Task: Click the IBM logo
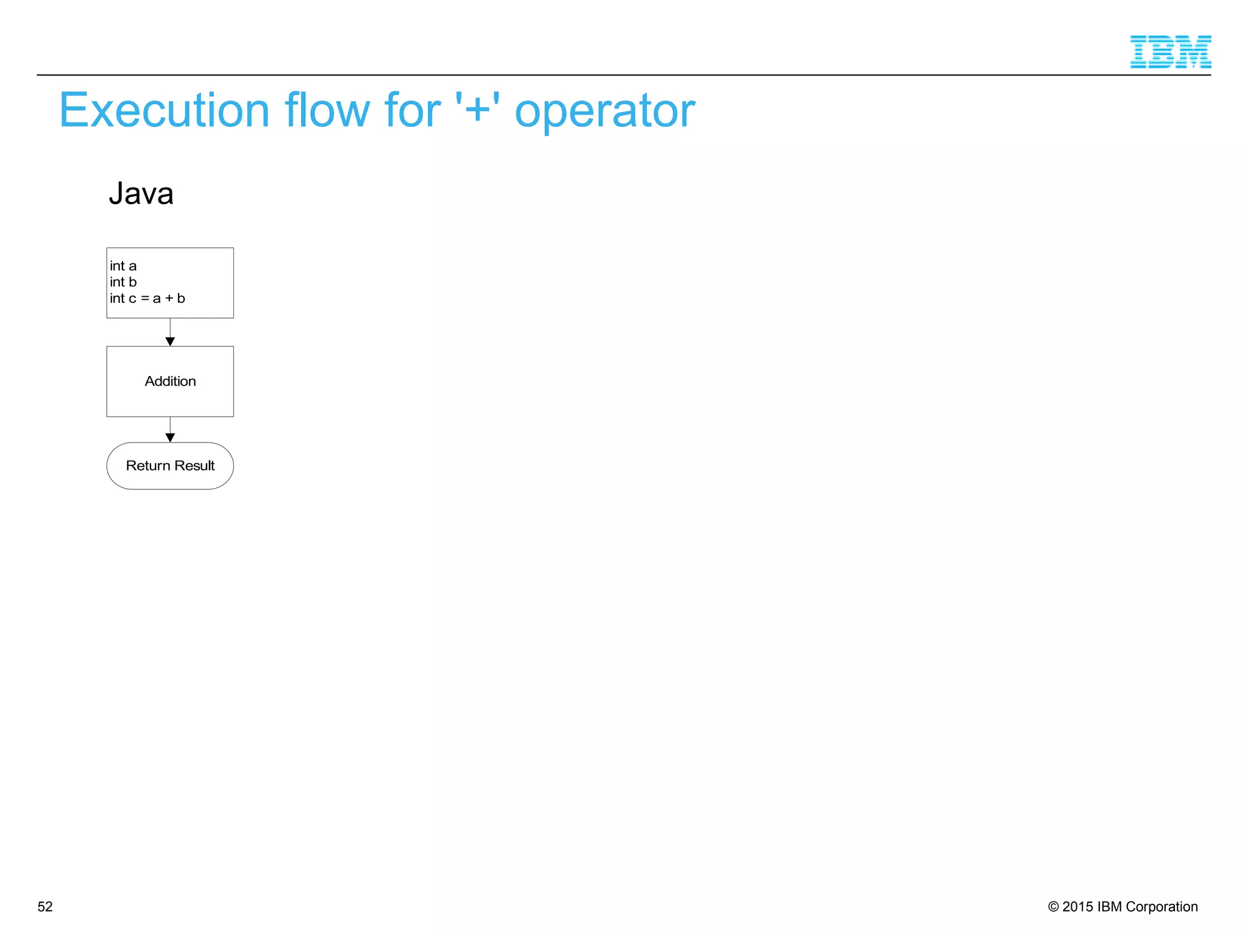point(1170,52)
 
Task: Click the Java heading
point(141,194)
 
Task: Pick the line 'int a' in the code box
point(123,266)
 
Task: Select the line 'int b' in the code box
point(123,282)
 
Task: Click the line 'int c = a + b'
point(147,298)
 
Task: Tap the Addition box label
point(170,381)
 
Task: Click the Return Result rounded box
point(170,466)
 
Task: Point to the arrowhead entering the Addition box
point(170,342)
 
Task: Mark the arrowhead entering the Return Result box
point(170,438)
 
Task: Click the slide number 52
point(45,907)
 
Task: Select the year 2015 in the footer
point(1078,907)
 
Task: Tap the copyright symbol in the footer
point(1053,907)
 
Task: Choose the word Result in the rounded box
point(194,466)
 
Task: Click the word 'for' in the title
point(412,110)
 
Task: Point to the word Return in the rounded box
point(147,466)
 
